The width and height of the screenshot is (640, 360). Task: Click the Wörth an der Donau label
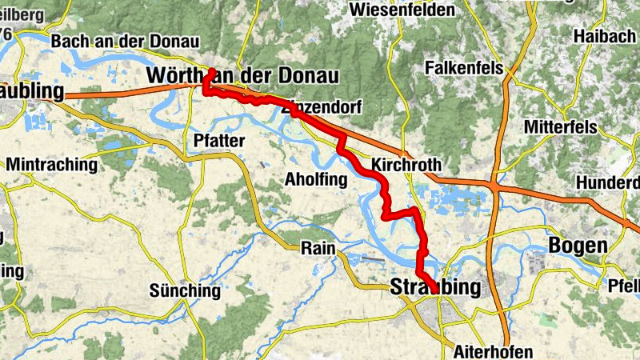point(243,76)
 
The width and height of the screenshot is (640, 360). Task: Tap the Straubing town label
point(436,287)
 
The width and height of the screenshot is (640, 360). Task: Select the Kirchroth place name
point(406,166)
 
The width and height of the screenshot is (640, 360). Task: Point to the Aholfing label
point(316,180)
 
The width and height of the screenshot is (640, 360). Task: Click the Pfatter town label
point(218,141)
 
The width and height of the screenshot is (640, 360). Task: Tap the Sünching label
point(185,290)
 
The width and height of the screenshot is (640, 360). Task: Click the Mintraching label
point(52,165)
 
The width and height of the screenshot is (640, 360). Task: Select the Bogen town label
point(577,245)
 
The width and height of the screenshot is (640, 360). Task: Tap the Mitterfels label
point(562,126)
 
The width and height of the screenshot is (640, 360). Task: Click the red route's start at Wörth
point(210,71)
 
